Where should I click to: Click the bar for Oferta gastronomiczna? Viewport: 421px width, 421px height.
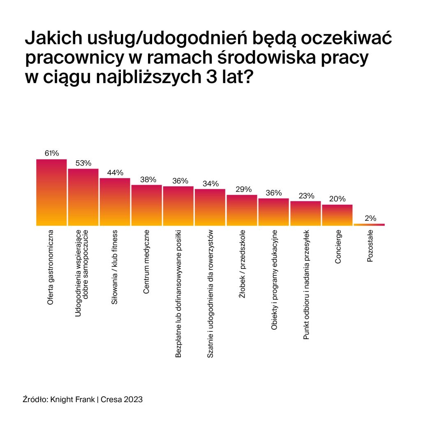point(51,192)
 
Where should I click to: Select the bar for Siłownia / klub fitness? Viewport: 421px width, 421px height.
point(115,202)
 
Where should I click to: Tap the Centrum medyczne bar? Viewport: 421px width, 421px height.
point(146,205)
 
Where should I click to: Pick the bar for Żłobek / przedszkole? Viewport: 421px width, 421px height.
point(242,210)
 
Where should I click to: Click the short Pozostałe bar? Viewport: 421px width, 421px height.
point(369,224)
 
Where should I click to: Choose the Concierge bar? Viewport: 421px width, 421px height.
point(337,215)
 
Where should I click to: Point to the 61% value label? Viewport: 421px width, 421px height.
point(52,153)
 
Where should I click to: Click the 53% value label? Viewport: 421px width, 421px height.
point(83,163)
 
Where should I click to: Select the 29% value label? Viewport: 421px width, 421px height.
point(243,189)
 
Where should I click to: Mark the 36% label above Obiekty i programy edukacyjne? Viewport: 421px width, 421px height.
point(274,193)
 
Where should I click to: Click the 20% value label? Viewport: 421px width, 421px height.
point(338,199)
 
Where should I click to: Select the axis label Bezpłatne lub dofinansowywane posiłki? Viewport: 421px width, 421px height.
point(178,294)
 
